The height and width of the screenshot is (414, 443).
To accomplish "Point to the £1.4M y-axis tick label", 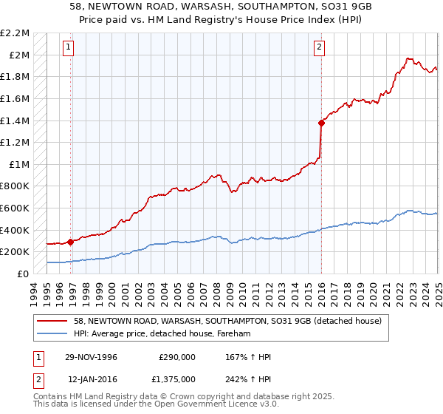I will click(x=16, y=121).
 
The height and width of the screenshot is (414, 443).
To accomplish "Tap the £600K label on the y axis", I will click(x=16, y=208).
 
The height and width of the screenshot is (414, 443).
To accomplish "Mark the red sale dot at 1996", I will click(x=71, y=241).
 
